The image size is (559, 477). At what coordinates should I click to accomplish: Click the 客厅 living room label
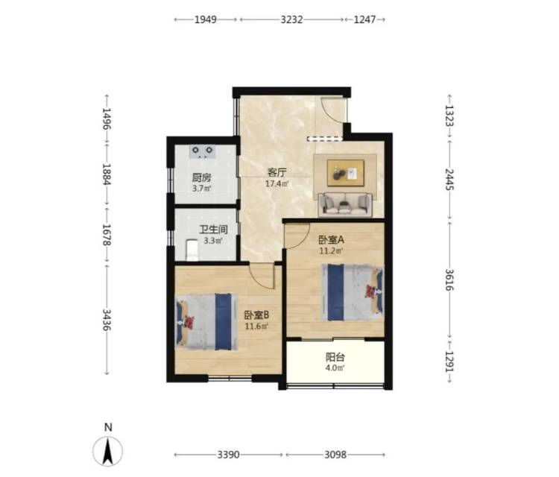pyautogui.click(x=277, y=173)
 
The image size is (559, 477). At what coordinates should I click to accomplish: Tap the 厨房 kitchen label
pyautogui.click(x=201, y=177)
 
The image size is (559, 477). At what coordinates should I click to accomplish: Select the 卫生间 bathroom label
pyautogui.click(x=213, y=230)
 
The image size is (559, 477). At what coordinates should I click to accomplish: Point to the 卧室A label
pyautogui.click(x=331, y=240)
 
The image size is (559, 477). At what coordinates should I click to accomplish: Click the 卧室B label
pyautogui.click(x=256, y=315)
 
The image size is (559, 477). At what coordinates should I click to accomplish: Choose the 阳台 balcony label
pyautogui.click(x=335, y=357)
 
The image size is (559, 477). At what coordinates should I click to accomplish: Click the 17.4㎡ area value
pyautogui.click(x=277, y=184)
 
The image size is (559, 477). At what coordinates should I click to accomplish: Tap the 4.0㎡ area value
pyautogui.click(x=335, y=368)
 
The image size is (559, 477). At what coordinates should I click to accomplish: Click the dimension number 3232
pyautogui.click(x=291, y=19)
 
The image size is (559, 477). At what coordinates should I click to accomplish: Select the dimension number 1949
pyautogui.click(x=206, y=19)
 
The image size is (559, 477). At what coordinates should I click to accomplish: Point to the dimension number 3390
pyautogui.click(x=229, y=455)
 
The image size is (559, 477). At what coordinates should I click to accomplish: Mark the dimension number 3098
pyautogui.click(x=335, y=455)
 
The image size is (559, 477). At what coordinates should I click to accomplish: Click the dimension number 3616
pyautogui.click(x=449, y=279)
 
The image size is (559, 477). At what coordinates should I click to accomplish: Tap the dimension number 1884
pyautogui.click(x=107, y=174)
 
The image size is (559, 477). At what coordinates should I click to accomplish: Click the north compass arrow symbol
pyautogui.click(x=107, y=451)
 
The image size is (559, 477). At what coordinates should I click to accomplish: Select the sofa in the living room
pyautogui.click(x=345, y=204)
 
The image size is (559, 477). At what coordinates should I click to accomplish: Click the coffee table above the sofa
pyautogui.click(x=346, y=173)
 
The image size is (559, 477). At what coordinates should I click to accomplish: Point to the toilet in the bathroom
pyautogui.click(x=192, y=250)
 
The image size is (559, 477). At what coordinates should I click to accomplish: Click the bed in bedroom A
pyautogui.click(x=353, y=292)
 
